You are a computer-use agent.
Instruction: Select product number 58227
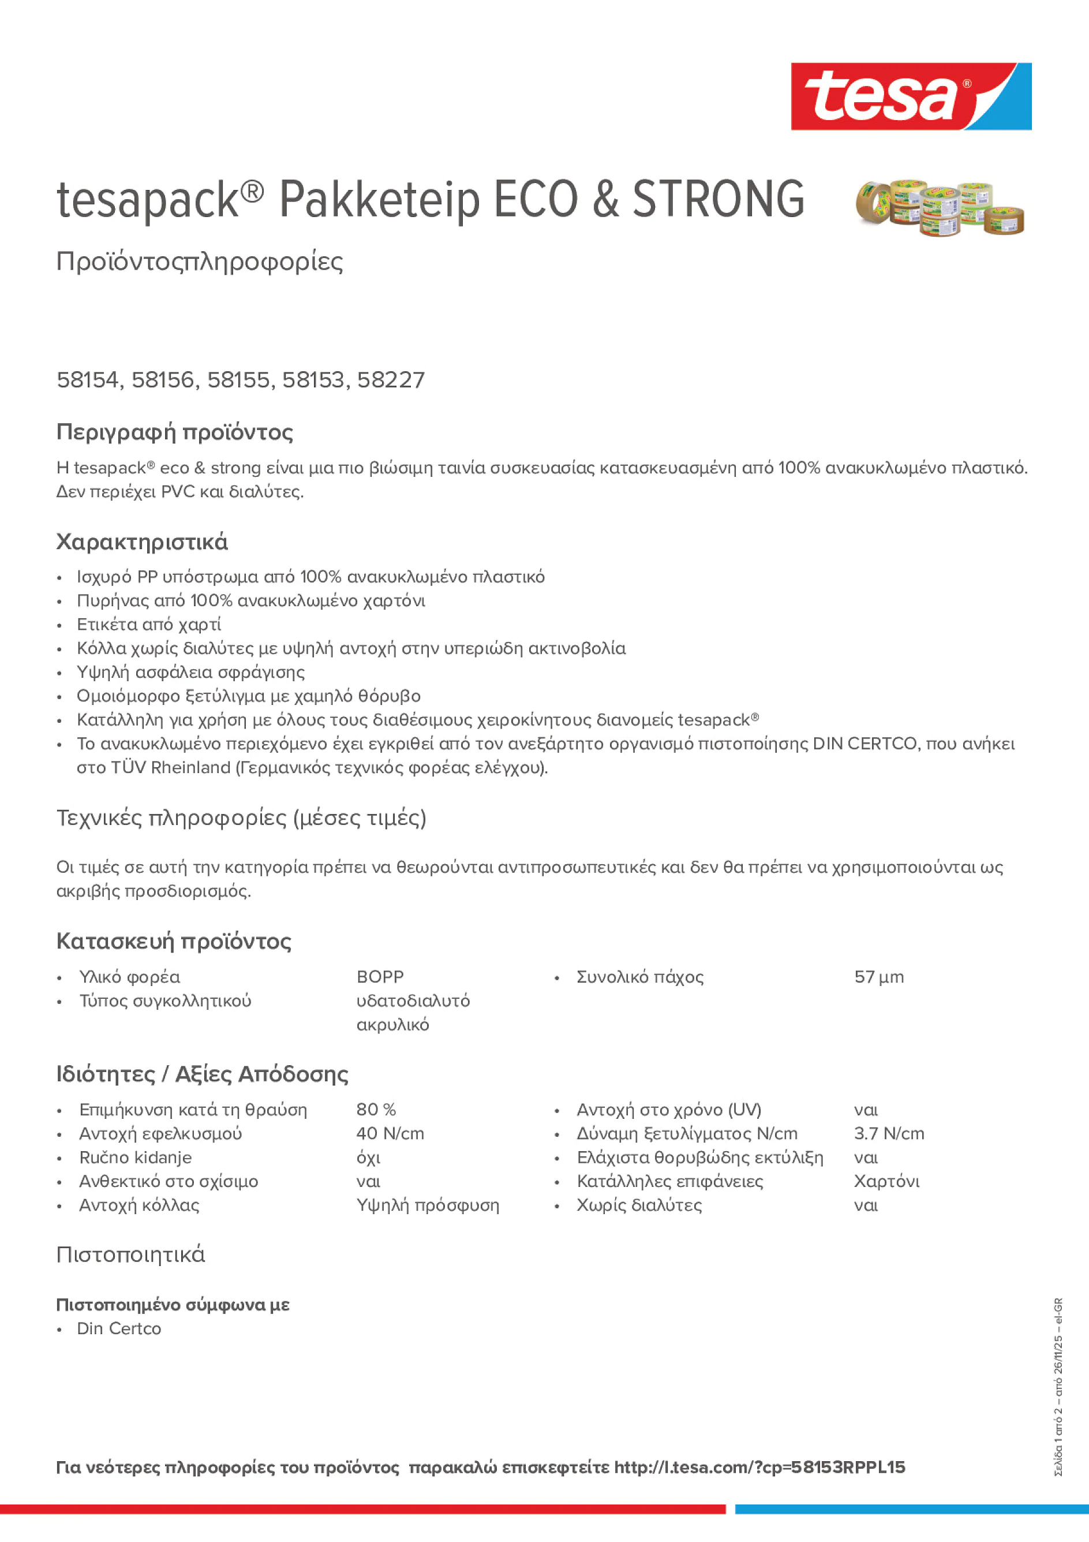coord(391,380)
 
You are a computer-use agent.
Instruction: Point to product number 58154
coord(88,380)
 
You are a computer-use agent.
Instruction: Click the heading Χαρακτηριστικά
coord(141,542)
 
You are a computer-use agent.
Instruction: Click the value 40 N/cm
coord(390,1134)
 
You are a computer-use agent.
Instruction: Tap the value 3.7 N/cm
coord(888,1134)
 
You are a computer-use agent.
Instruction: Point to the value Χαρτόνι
coord(886,1181)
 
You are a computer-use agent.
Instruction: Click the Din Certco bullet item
coord(119,1328)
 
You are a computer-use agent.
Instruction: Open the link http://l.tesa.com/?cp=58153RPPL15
coord(759,1468)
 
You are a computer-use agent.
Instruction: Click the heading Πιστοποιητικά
coord(130,1254)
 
